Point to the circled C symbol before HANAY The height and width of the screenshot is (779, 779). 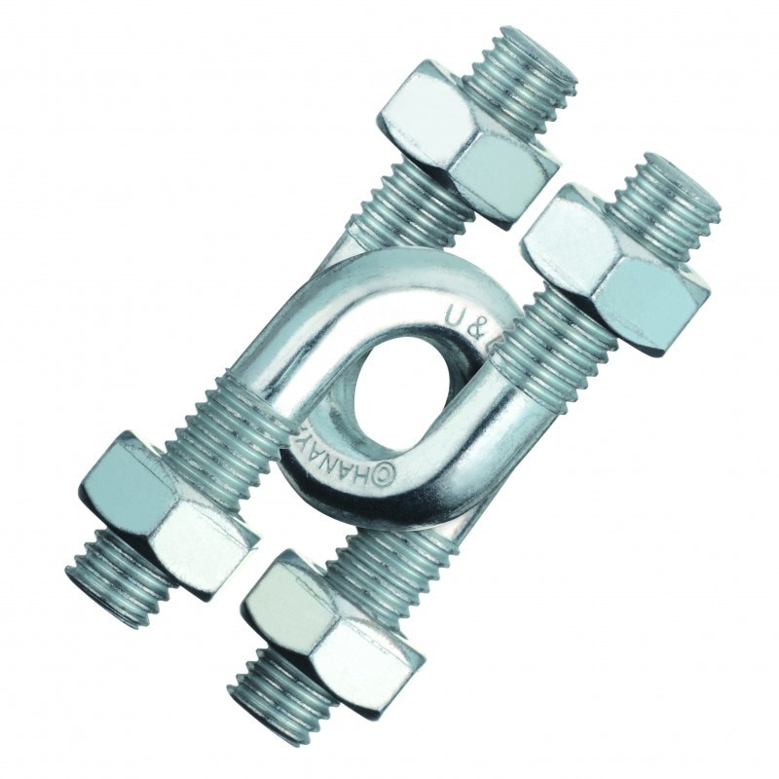coord(383,474)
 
